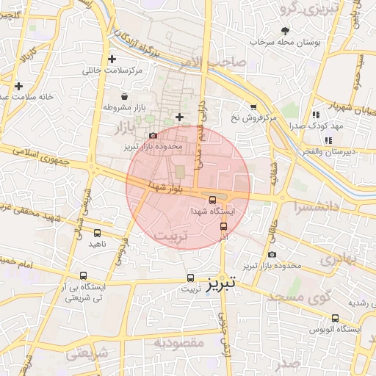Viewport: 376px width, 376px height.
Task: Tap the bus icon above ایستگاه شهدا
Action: click(x=212, y=199)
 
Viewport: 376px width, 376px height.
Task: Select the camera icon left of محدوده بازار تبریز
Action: click(x=152, y=136)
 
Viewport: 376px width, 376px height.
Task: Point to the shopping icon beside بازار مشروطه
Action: click(x=123, y=96)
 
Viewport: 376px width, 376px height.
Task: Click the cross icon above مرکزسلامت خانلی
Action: click(x=112, y=59)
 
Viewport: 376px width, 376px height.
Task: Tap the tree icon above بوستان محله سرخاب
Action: click(x=285, y=30)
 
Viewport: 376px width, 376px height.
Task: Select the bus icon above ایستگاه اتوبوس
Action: click(x=336, y=319)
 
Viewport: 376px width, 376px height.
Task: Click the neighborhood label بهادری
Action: click(x=339, y=259)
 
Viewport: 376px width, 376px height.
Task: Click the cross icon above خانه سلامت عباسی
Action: click(x=18, y=86)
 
